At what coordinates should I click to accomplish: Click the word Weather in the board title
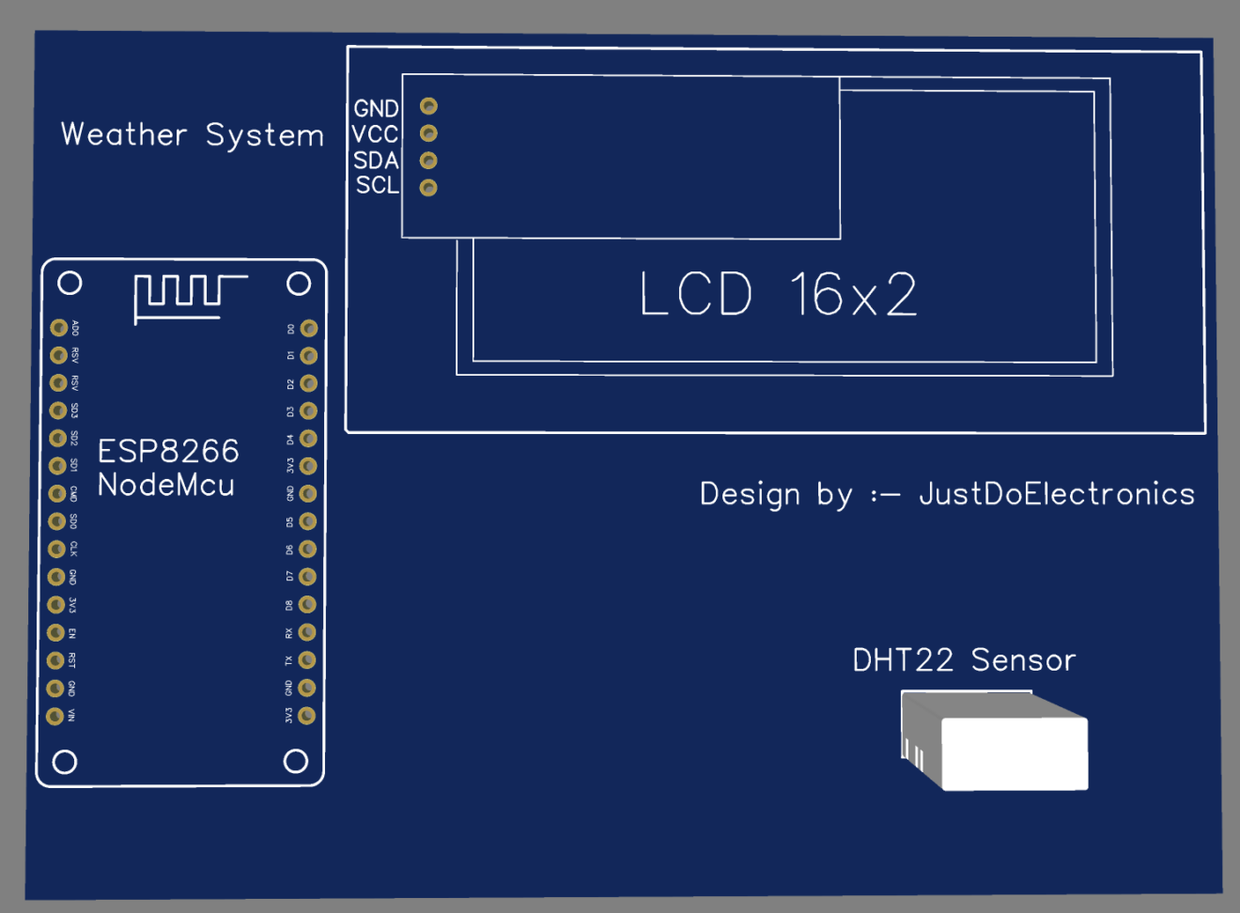[124, 134]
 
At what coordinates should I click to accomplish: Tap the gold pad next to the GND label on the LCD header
[428, 106]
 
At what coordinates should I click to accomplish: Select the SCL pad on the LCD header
[428, 188]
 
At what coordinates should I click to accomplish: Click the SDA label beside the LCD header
[376, 161]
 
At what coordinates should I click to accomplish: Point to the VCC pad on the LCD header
[428, 133]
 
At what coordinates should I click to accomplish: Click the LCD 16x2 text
[778, 295]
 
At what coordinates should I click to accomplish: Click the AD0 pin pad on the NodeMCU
[58, 328]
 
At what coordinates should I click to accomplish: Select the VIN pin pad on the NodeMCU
[55, 716]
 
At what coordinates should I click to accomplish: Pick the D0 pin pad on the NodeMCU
[309, 329]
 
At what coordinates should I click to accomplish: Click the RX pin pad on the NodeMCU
[307, 633]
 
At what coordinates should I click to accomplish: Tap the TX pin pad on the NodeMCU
[307, 660]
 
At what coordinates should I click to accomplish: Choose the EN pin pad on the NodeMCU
[56, 633]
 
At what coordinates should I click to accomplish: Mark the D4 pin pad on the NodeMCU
[308, 439]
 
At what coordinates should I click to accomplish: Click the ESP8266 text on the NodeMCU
[168, 452]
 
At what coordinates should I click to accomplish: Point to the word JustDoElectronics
[1056, 494]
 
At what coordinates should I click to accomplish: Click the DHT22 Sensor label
[964, 660]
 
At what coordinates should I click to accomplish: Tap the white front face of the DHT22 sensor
[1015, 754]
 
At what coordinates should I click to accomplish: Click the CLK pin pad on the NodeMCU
[56, 549]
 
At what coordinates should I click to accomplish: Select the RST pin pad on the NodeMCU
[56, 660]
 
